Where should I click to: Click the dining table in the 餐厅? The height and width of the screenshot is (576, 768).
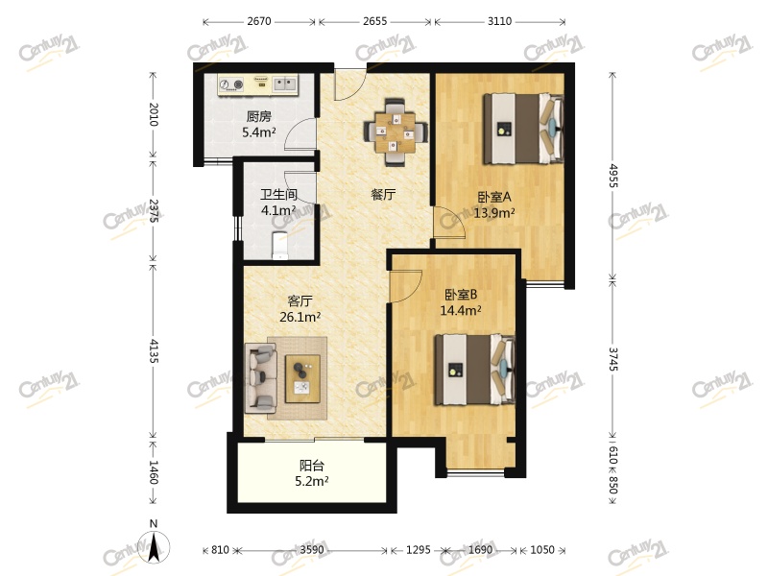coord(396,132)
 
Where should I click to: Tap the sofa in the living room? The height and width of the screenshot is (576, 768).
coord(260,376)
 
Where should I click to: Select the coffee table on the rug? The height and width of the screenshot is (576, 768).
coord(302,378)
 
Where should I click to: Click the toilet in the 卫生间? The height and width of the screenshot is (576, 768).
coord(280,245)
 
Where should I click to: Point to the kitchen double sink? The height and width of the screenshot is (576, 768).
coord(284,84)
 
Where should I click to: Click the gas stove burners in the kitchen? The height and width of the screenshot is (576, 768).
coord(231,84)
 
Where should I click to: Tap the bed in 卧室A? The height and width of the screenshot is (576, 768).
coord(522,129)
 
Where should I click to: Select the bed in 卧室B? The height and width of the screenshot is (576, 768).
coord(474,370)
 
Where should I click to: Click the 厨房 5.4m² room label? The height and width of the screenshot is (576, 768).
coord(258,124)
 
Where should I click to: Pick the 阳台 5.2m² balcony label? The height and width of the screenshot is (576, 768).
coord(311,473)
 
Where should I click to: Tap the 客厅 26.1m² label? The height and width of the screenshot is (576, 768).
coord(300,308)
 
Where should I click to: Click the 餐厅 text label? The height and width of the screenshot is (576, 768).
coord(383,195)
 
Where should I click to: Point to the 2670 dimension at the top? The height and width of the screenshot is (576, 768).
coord(259,21)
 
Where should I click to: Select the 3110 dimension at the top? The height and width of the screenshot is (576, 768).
coord(499,21)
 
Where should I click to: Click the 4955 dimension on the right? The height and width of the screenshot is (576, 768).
coord(613,176)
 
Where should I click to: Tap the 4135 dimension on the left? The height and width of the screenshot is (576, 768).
coord(154,350)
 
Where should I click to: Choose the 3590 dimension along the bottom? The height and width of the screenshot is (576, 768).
coord(312,549)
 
